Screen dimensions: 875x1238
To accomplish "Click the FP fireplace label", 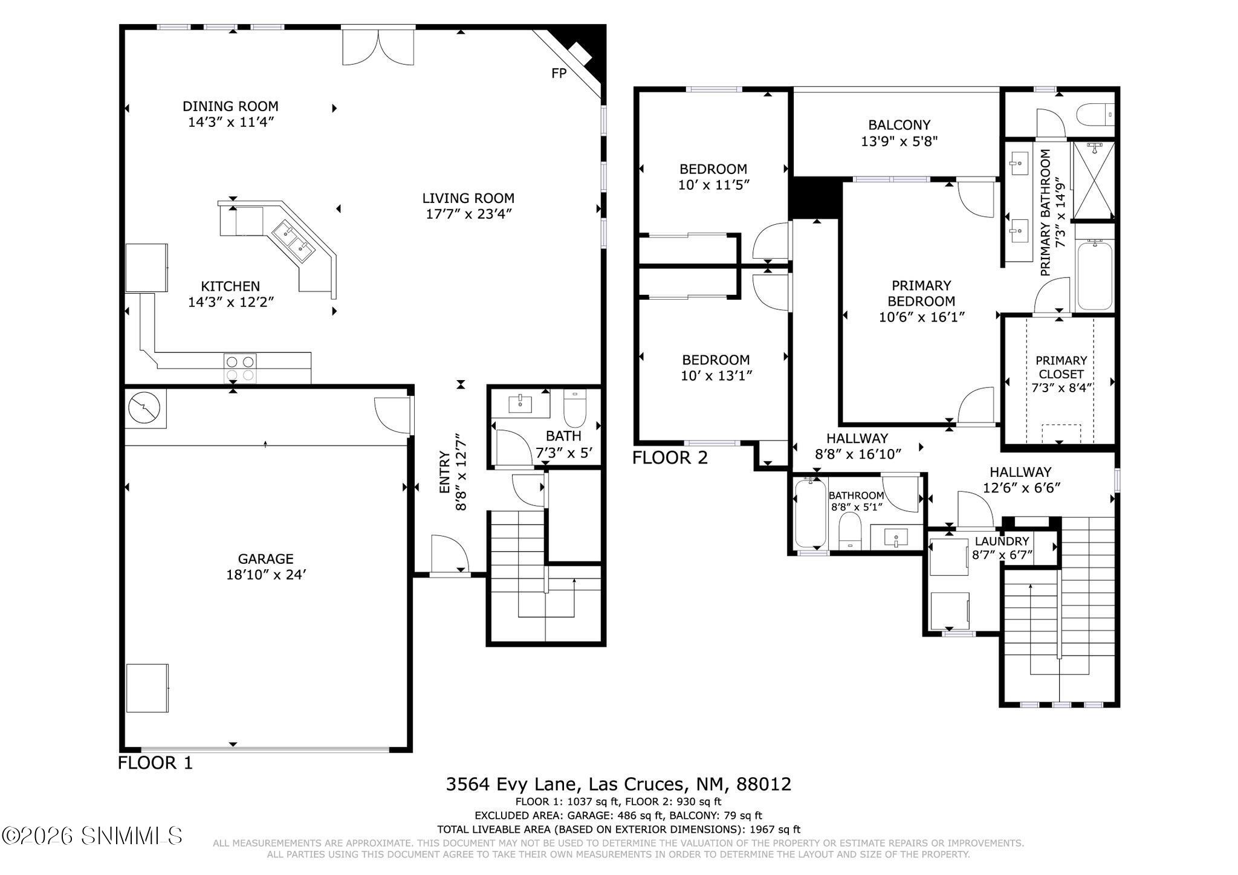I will coord(559,74).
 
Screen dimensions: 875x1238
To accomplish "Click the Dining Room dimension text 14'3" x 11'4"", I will coord(231,122).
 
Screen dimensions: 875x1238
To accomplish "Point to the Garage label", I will coord(265,559).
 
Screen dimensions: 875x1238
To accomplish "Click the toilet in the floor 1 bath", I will coord(575,409).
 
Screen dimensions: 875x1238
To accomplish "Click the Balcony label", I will coord(899,125).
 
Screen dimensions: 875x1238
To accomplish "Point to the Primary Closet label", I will coord(1061,367).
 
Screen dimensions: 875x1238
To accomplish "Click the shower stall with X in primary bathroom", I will coord(1093,180).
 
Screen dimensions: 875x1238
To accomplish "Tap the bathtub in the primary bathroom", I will coord(1094,275).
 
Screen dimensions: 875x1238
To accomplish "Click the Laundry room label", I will coord(1002,541).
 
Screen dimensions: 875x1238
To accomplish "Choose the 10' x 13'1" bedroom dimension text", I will coord(716,376).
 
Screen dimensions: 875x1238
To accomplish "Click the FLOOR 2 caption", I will coord(670,458).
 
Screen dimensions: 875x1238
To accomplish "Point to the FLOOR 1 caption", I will coord(155,763).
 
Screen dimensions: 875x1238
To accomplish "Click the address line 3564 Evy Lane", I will coord(618,784).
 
